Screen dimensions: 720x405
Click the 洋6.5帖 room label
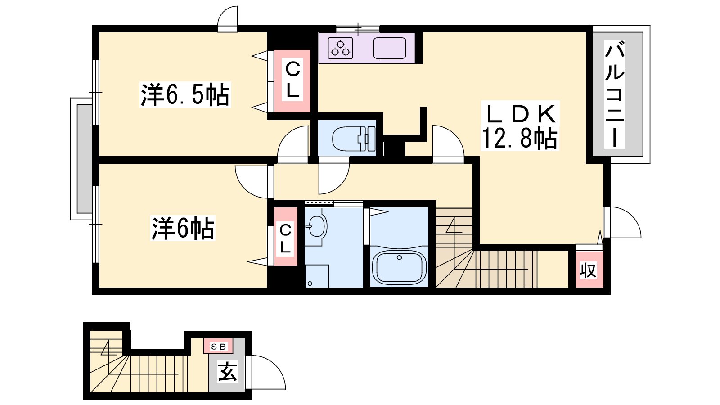(185, 94)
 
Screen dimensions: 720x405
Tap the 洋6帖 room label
(183, 228)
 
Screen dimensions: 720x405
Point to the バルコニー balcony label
(614, 94)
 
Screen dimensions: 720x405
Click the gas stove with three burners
(340, 48)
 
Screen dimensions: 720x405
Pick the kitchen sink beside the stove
(390, 48)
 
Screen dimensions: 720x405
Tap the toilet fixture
(354, 139)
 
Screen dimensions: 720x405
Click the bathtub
(399, 267)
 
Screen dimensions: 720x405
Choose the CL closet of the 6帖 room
(285, 237)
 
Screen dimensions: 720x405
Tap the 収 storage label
(589, 270)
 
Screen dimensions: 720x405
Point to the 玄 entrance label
(228, 371)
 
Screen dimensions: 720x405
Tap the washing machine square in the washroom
(317, 276)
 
